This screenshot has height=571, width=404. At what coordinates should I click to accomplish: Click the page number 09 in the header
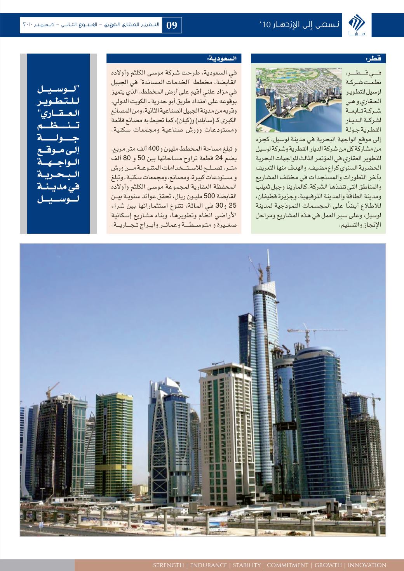pyautogui.click(x=171, y=25)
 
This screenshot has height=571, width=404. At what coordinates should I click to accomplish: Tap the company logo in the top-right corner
pyautogui.click(x=354, y=25)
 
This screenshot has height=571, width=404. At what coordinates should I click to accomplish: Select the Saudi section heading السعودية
pyautogui.click(x=224, y=59)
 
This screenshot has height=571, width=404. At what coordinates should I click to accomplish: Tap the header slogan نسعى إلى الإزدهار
pyautogui.click(x=299, y=25)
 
